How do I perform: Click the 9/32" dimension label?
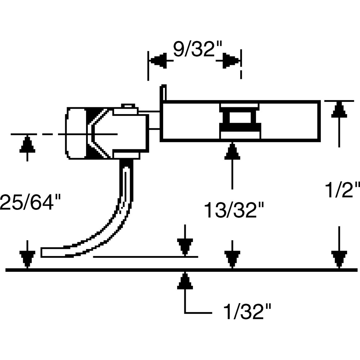pyautogui.click(x=197, y=49)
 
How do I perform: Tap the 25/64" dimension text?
pyautogui.click(x=30, y=202)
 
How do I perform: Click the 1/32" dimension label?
pyautogui.click(x=247, y=311)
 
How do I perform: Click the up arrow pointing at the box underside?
pyautogui.click(x=232, y=151)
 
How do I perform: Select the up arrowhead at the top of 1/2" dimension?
pyautogui.click(x=339, y=109)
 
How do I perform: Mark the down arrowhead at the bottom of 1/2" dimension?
pyautogui.click(x=339, y=259)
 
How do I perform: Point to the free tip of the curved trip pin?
pyautogui.click(x=42, y=253)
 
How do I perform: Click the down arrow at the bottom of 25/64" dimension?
pyautogui.click(x=27, y=259)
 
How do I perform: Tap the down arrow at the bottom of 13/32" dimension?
pyautogui.click(x=232, y=259)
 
